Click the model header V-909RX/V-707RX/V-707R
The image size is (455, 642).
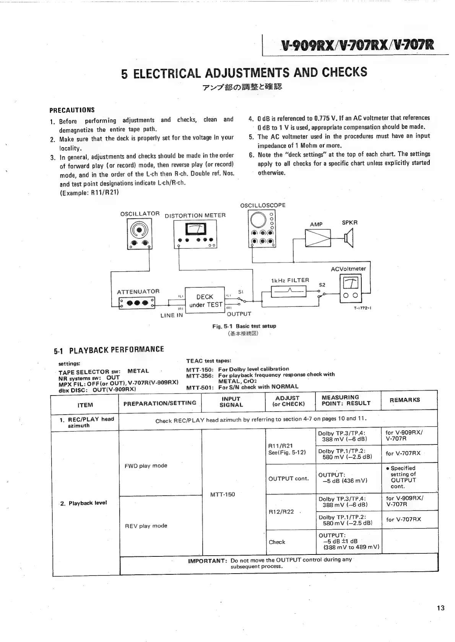(357, 45)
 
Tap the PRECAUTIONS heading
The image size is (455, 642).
(72, 110)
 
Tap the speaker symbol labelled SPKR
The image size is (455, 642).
(349, 239)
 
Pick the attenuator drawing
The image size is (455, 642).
(137, 303)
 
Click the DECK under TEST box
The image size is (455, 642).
(205, 301)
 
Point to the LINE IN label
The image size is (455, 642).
(171, 316)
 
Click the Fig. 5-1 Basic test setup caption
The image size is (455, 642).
(244, 326)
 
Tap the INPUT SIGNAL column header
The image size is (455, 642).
(231, 402)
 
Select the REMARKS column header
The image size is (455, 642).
(405, 400)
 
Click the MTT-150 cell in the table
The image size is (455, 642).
(223, 494)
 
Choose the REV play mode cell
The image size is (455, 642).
(146, 526)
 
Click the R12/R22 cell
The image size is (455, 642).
(281, 512)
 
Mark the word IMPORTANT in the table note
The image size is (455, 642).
(208, 561)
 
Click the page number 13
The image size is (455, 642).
(440, 608)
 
